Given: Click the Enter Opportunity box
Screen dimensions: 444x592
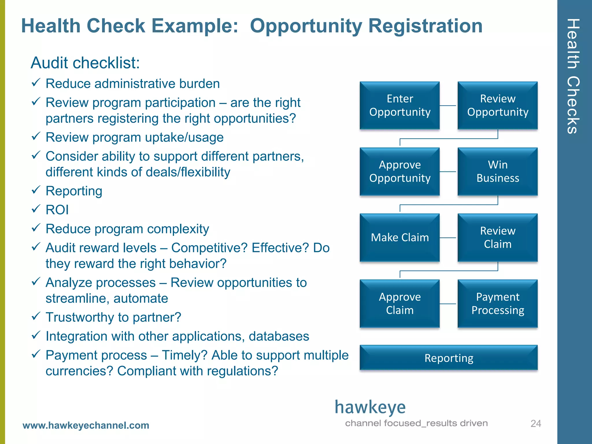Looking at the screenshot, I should (x=399, y=106).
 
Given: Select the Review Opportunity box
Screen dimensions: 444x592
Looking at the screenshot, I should (x=497, y=106).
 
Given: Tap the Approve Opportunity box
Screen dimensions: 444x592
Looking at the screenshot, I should (x=399, y=171).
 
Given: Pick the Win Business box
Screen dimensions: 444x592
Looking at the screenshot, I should (x=497, y=171).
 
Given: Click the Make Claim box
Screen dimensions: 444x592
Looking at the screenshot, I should (x=399, y=238).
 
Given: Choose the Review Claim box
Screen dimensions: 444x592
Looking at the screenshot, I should (x=497, y=238).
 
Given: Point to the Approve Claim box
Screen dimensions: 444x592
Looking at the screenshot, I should (x=399, y=304).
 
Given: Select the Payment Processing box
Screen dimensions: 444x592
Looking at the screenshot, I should (x=497, y=304).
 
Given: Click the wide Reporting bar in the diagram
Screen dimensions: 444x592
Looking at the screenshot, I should (x=449, y=358).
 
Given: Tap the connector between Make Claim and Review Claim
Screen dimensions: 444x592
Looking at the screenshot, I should (x=448, y=238).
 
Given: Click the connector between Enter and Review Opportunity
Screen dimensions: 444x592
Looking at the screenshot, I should (x=448, y=106).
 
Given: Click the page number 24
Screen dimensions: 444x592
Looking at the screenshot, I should (x=536, y=423).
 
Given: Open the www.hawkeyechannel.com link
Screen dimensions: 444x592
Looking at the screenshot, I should (x=86, y=425).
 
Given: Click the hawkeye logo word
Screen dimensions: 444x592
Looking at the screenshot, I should (x=370, y=407).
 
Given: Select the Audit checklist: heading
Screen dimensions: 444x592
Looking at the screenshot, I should (x=85, y=63).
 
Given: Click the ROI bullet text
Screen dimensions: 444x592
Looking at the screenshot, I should (x=57, y=210).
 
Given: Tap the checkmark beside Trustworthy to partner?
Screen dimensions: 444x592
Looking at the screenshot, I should (x=36, y=316).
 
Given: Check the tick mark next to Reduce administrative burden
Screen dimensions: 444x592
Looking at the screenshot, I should (x=36, y=83).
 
